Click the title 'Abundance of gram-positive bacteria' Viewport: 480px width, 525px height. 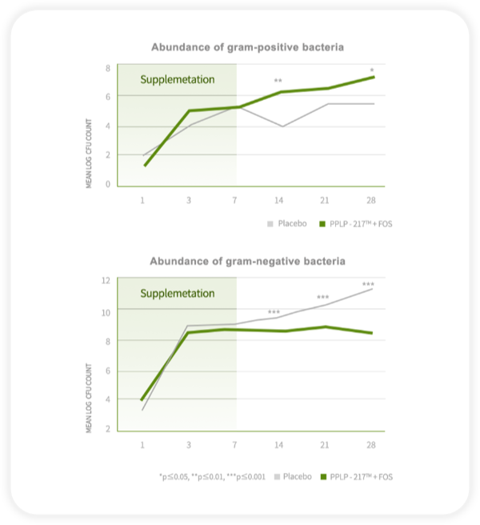click(249, 48)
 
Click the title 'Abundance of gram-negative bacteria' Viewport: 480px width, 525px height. click(249, 261)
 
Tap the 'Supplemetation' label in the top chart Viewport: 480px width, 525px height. click(178, 79)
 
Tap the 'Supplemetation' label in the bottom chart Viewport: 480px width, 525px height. click(178, 293)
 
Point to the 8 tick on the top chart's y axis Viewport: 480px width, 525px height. click(107, 67)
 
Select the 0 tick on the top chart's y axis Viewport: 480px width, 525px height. click(107, 185)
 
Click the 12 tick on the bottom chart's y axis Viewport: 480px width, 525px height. click(106, 280)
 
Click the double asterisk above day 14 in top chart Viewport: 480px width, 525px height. click(278, 82)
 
